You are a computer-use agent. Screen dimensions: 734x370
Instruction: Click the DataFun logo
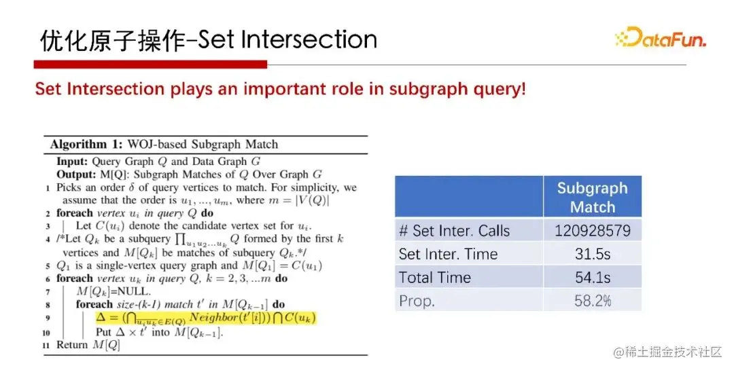(x=661, y=37)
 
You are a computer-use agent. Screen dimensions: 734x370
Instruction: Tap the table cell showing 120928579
(x=592, y=230)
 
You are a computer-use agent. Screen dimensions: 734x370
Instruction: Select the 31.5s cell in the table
(x=592, y=253)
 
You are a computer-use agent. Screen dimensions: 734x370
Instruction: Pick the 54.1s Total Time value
(x=592, y=277)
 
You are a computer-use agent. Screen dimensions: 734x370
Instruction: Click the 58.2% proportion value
(x=592, y=300)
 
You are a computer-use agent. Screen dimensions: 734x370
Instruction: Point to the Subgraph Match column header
(x=592, y=197)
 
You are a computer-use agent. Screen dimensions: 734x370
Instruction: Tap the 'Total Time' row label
(x=434, y=278)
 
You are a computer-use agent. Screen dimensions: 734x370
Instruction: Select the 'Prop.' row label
(x=417, y=301)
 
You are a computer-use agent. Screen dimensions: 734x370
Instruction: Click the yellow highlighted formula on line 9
(x=206, y=318)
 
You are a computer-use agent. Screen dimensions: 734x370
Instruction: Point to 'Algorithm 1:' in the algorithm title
(x=78, y=144)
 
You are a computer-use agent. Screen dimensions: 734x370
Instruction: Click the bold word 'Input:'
(x=72, y=162)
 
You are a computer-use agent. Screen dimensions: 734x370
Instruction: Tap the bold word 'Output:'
(x=76, y=174)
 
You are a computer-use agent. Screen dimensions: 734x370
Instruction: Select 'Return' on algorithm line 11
(x=72, y=345)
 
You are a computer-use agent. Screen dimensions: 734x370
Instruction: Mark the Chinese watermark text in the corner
(x=668, y=352)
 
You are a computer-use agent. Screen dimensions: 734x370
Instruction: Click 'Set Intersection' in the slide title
(x=287, y=39)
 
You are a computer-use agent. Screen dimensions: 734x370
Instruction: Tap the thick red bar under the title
(x=150, y=64)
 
